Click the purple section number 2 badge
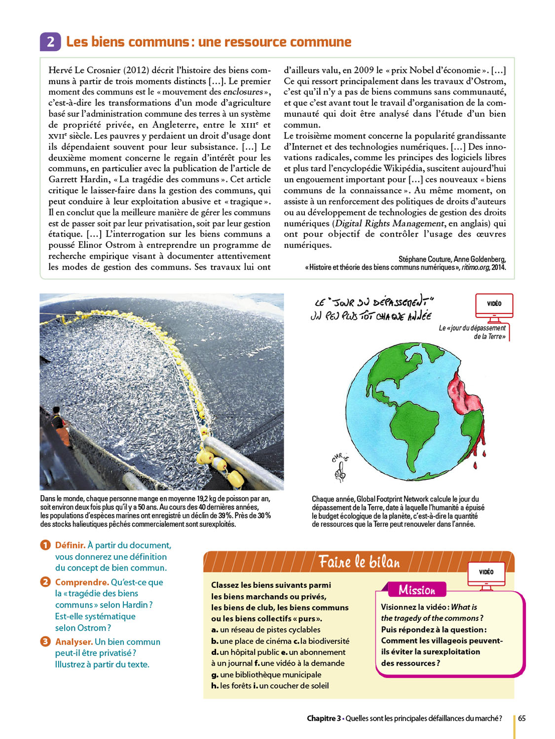click(50, 42)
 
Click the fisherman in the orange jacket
click(60, 424)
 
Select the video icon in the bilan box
click(486, 574)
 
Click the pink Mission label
click(417, 590)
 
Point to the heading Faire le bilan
click(359, 562)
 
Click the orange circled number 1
click(45, 545)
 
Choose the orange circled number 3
click(45, 641)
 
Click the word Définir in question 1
click(70, 545)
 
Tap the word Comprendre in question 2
click(82, 582)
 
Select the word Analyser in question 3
click(74, 642)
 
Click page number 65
click(521, 718)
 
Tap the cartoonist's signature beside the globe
click(340, 466)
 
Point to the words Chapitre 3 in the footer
click(324, 718)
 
